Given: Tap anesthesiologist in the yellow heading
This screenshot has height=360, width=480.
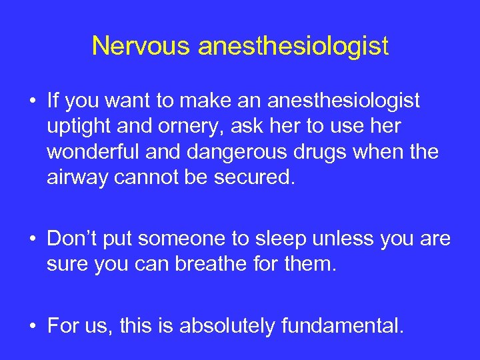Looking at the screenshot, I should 293,47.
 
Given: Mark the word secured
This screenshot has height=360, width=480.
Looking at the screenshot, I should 263,177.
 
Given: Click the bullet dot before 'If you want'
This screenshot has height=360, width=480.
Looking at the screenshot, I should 31,101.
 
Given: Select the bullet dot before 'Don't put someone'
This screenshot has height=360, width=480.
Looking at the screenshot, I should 31,239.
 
